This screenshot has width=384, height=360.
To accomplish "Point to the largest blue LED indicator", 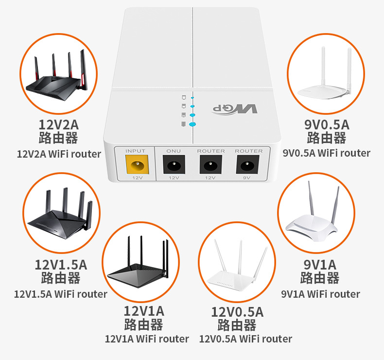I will [192, 124].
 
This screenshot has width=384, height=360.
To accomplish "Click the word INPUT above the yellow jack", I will [136, 151].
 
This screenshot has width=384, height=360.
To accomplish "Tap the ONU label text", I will [174, 151].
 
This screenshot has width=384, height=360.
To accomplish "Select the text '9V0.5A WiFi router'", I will [327, 153].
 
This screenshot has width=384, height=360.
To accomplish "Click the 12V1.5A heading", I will [61, 265].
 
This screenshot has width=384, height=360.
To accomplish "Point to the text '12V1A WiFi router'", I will [147, 339].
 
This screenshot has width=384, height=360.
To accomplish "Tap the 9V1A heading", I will [320, 265].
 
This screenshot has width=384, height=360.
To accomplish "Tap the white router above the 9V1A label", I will [318, 214].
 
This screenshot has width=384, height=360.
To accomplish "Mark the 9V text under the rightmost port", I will [248, 178].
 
